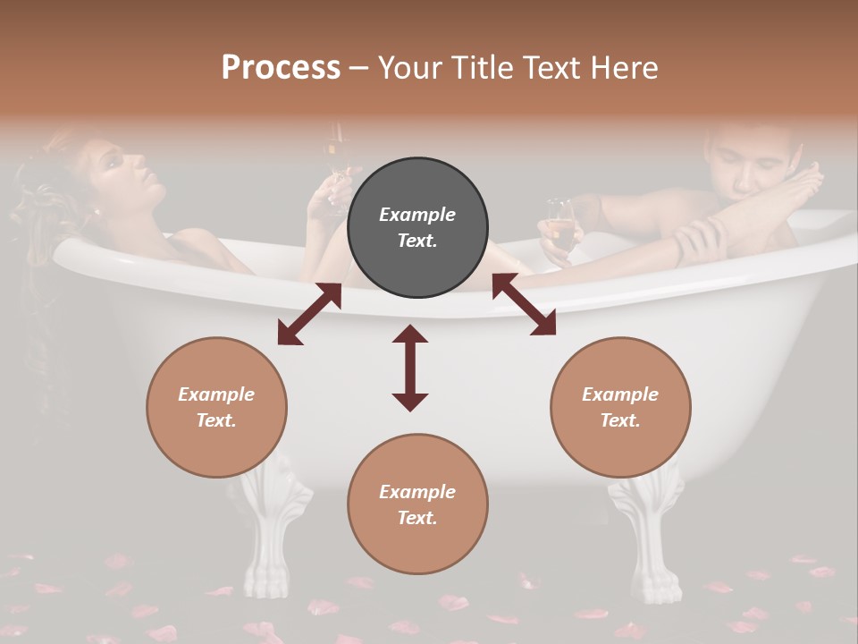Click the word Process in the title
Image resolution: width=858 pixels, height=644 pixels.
point(281,68)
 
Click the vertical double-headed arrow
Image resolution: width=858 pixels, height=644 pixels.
point(410,368)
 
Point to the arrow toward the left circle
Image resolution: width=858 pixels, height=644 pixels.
point(309,314)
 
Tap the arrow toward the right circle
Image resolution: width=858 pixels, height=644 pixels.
point(524,304)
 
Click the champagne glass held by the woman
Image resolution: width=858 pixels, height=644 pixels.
point(335,161)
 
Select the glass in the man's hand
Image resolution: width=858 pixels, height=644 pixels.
point(560,226)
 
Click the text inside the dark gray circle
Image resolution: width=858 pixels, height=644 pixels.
point(417,227)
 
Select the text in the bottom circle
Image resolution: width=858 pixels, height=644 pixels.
point(417,504)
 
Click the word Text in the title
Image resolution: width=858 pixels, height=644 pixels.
point(549,68)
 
